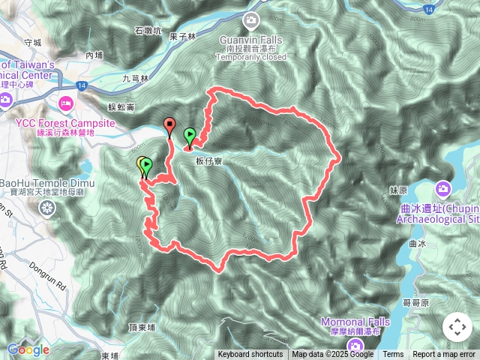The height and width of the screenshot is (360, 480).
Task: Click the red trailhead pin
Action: (169, 125)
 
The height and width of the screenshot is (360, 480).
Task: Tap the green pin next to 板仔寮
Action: (190, 136)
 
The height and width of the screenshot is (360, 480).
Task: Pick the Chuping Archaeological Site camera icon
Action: (443, 188)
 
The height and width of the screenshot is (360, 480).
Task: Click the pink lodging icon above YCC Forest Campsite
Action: (65, 102)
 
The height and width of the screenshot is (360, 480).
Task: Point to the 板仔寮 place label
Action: (211, 160)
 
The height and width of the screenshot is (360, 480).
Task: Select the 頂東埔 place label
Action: (142, 328)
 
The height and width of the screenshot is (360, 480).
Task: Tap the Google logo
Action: (28, 349)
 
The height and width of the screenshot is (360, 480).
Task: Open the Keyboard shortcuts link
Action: (250, 355)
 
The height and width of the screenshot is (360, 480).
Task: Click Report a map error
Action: (444, 355)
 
